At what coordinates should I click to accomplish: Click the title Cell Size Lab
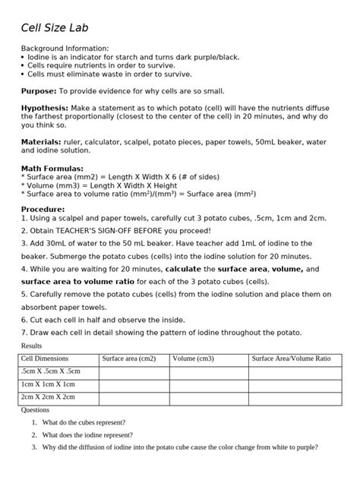point(55,28)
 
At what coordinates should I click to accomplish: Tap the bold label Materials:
point(41,141)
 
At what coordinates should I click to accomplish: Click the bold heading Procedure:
point(43,208)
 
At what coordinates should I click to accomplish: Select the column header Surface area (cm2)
point(128,358)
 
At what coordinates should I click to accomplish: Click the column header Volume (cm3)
point(193,358)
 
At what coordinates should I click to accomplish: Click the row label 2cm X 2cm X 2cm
point(48,397)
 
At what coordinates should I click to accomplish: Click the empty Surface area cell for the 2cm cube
point(134,397)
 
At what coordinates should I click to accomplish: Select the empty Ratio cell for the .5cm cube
point(293,371)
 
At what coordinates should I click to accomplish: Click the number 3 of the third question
point(34,448)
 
